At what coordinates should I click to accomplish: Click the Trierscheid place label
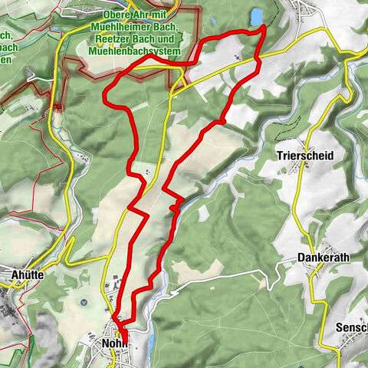pos(306,155)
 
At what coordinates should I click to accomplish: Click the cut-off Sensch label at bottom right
pos(351,328)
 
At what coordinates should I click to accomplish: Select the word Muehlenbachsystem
pos(134,51)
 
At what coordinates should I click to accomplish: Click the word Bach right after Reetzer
pos(136,40)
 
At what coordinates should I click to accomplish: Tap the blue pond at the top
pos(255,16)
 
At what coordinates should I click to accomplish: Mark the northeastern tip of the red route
pos(264,27)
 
